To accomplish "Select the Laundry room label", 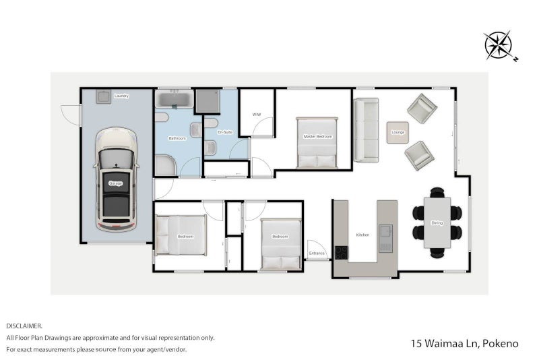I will pos(121,96).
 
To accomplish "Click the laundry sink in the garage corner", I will pos(104,97).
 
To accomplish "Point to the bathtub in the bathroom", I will pos(175,100).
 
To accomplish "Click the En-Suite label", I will pos(225,132).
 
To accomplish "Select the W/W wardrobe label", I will pos(256,115).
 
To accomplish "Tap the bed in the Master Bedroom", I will pos(316,143).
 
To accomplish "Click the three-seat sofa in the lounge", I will pos(367,130).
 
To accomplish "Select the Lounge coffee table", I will pos(398,132).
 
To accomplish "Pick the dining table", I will pos(437,222).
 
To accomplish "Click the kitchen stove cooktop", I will pos(342,253).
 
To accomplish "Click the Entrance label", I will pos(317,253).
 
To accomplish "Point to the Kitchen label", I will pos(362,235).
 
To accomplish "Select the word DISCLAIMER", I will pos(25,326).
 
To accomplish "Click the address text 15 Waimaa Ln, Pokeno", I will pos(464,344).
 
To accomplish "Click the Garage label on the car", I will pos(117,183).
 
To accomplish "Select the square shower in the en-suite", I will pos(207,101).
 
